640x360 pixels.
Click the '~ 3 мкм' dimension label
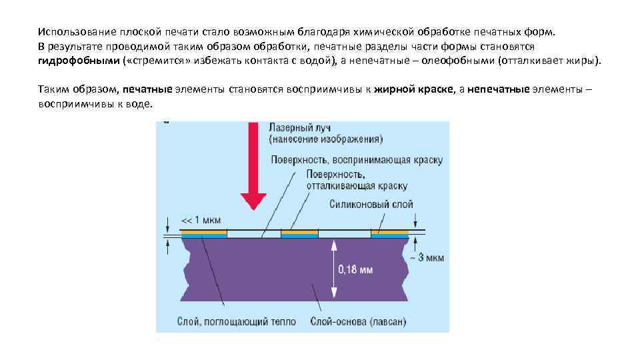425,257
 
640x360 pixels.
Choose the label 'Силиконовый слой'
371,204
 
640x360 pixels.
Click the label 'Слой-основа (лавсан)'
358,321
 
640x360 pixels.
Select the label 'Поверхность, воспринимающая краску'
357,160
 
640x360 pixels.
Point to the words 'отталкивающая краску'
357,186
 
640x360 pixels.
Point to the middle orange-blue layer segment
299,235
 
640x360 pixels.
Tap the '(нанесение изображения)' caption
326,140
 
